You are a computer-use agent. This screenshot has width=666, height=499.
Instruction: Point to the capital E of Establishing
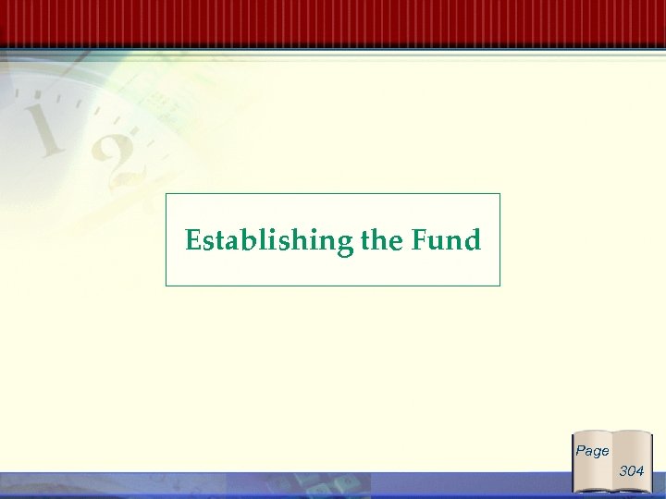(192, 241)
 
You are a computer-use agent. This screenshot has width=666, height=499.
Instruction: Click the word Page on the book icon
(592, 451)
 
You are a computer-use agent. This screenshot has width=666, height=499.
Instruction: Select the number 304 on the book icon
(632, 471)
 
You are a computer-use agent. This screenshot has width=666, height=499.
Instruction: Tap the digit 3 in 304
(623, 471)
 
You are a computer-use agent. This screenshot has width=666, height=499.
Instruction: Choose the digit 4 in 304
(640, 471)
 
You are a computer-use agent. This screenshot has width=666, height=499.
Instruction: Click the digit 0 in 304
(632, 471)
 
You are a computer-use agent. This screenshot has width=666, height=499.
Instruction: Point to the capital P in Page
(580, 450)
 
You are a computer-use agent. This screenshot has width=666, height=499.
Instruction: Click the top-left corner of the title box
(166, 194)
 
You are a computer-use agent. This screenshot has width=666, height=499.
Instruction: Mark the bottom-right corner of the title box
(499, 286)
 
